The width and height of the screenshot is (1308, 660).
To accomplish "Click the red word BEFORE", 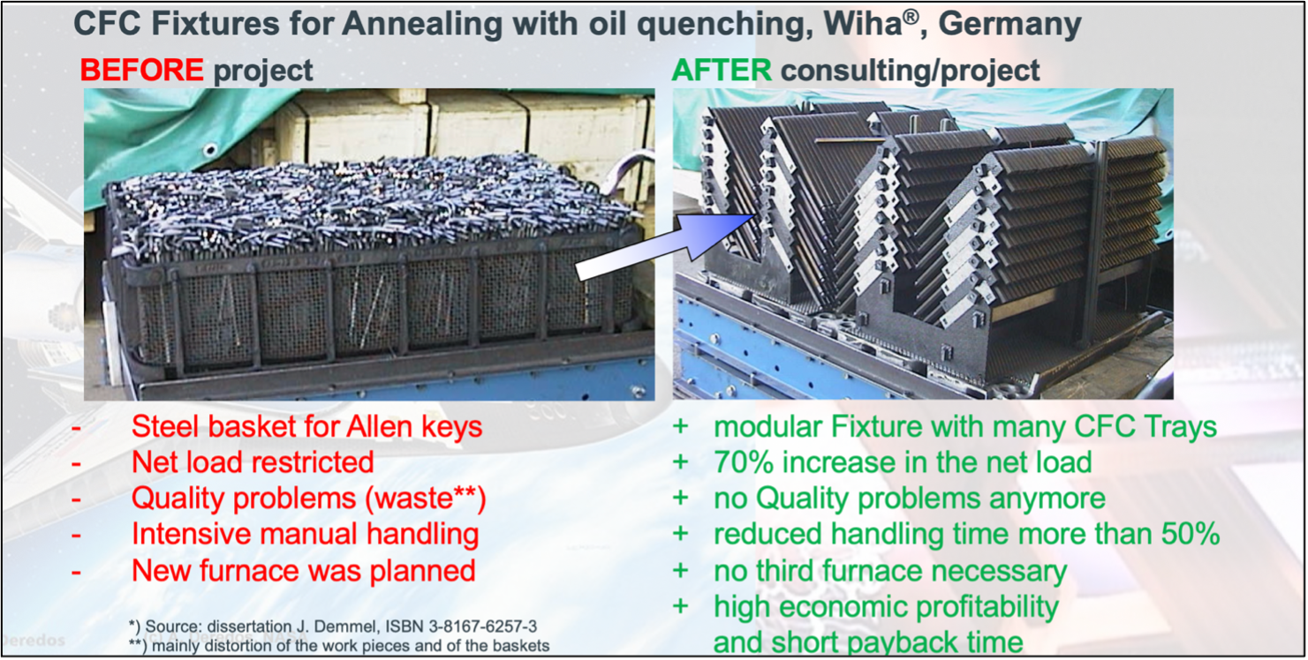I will (x=141, y=70).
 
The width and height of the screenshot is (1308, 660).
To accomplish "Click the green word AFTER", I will (x=721, y=70).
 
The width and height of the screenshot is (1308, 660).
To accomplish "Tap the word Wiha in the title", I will (x=862, y=24).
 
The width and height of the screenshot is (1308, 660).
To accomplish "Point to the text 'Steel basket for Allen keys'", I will (x=306, y=427).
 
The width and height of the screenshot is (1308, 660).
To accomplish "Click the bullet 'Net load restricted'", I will (x=253, y=462).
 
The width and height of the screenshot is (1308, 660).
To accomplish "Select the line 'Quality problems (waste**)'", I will (x=308, y=499).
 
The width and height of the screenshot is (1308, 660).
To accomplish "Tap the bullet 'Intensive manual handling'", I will (x=305, y=534).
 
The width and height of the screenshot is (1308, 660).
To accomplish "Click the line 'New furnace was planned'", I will (x=303, y=570).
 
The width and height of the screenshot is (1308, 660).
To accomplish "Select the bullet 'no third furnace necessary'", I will (x=889, y=571).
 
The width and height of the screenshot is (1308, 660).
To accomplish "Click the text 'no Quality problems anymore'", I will (x=909, y=499).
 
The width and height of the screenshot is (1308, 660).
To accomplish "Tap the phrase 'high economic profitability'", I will (x=886, y=607).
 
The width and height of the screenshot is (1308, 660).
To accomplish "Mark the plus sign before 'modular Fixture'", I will (x=680, y=427).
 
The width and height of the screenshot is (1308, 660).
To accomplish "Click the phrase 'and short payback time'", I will (x=867, y=642).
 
